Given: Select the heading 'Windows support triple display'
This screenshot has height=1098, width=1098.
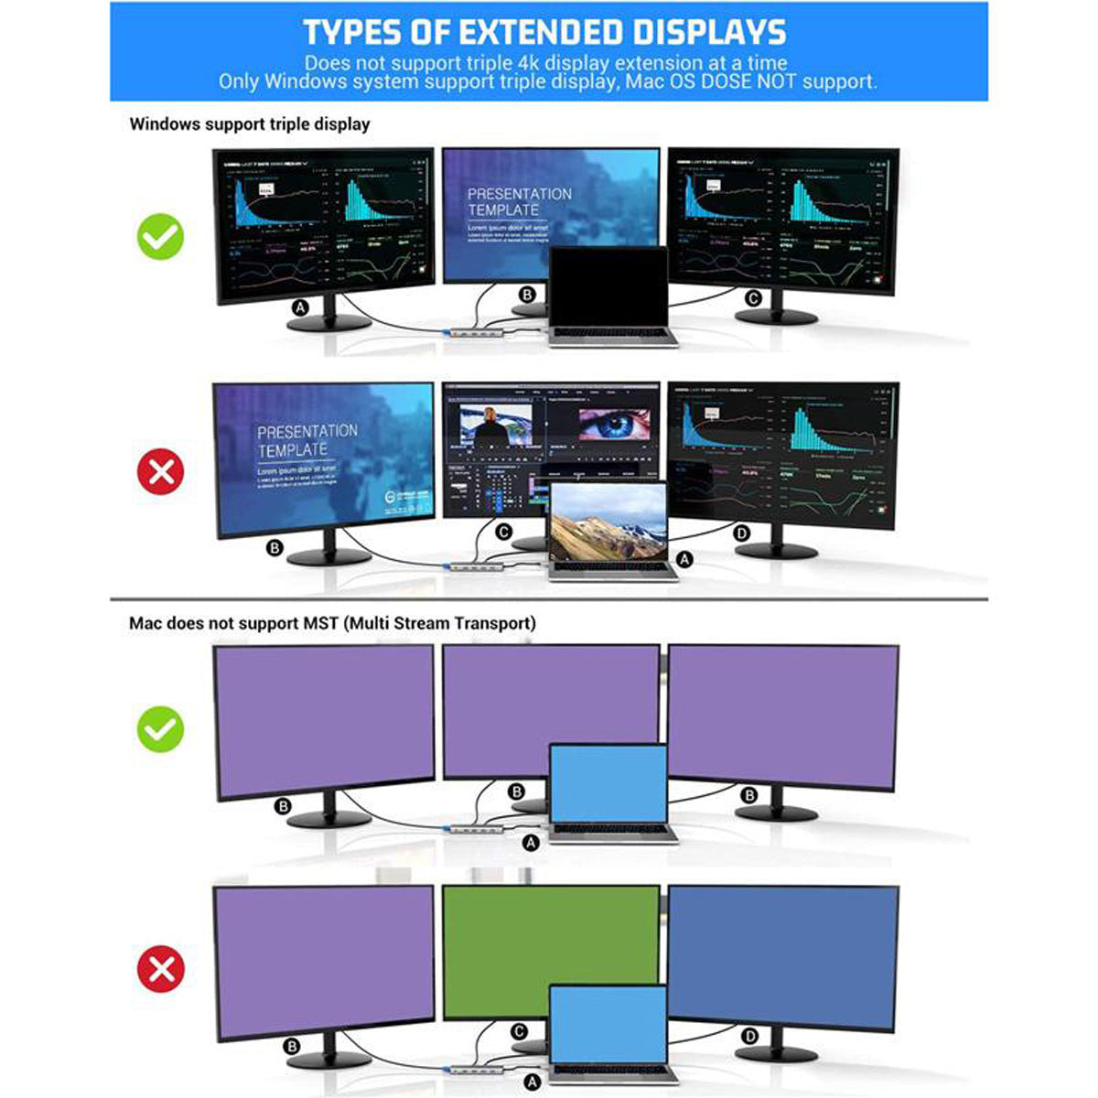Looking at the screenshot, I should (x=250, y=124).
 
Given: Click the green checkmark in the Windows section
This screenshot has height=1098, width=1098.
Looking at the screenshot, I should (x=161, y=237).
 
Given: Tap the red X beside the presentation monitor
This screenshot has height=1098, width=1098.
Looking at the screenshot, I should (x=161, y=472).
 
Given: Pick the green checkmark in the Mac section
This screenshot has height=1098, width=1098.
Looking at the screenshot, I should (x=161, y=729).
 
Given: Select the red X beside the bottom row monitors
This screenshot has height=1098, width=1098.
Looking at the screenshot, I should (x=161, y=968).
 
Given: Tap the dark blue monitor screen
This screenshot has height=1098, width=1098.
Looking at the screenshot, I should (x=783, y=956).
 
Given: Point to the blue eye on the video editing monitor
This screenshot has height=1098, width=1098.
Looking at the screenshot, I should (x=615, y=425).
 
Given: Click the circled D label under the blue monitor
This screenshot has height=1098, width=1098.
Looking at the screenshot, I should (x=750, y=1036).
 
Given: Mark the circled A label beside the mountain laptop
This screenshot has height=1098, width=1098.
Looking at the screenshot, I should (x=684, y=558).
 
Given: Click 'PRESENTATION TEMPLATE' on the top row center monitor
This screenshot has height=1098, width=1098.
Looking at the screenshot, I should (x=519, y=202).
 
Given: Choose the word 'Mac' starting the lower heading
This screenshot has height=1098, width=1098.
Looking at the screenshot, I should (x=146, y=623).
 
